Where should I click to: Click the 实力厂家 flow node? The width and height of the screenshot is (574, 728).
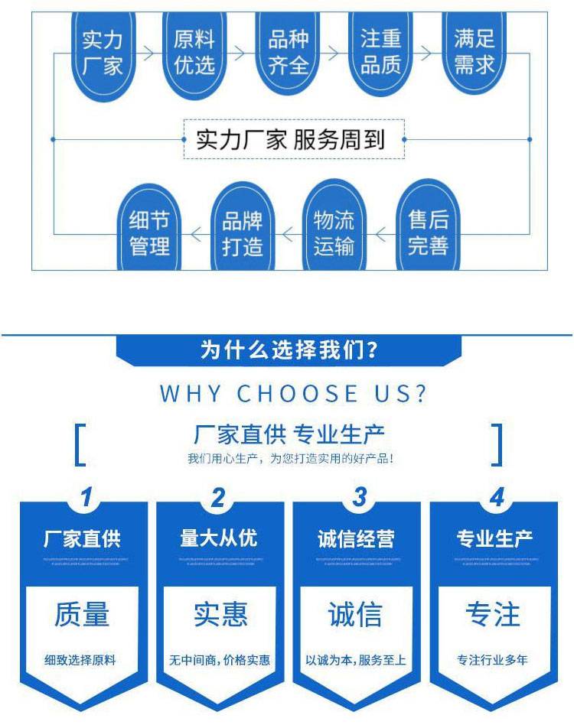(x=103, y=53)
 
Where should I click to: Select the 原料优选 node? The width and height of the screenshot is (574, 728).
(x=194, y=53)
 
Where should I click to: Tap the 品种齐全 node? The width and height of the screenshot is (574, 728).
(x=288, y=53)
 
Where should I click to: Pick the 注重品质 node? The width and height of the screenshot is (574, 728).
(x=381, y=53)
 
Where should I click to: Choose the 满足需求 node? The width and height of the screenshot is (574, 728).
(x=475, y=53)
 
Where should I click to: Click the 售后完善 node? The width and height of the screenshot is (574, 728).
(x=428, y=232)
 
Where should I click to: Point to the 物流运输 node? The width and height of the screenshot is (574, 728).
(x=334, y=232)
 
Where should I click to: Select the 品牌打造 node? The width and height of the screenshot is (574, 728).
(x=242, y=232)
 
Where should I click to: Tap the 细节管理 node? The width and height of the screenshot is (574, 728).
(x=149, y=232)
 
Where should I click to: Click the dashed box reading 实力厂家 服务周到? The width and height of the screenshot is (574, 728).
(x=295, y=139)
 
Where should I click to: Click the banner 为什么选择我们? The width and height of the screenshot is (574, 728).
(x=289, y=351)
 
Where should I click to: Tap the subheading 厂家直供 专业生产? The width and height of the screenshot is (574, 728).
(x=289, y=435)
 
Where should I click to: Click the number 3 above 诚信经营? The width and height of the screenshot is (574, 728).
(x=358, y=497)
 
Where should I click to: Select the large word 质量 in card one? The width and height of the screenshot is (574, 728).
(x=82, y=614)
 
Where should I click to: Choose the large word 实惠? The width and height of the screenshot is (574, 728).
(x=220, y=614)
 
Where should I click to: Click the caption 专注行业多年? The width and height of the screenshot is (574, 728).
(x=493, y=660)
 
